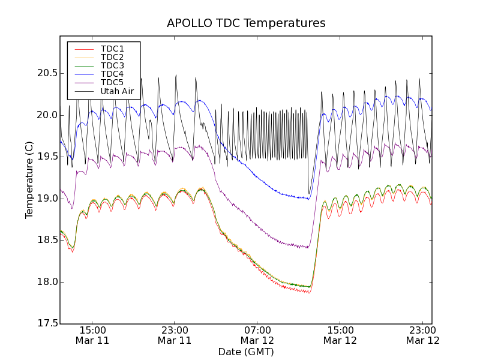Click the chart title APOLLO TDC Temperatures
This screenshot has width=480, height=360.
tap(246, 23)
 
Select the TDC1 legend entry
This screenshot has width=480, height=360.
tap(112, 49)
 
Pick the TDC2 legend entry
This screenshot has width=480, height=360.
tap(112, 57)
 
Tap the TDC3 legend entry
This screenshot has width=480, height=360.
tap(112, 65)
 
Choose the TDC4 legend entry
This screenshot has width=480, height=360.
tap(112, 74)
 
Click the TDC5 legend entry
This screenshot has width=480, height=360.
tap(112, 83)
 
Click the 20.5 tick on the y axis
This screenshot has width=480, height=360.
tap(46, 73)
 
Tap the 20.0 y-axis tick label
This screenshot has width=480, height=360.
tap(46, 115)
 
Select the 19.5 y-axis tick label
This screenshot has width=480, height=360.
tap(46, 157)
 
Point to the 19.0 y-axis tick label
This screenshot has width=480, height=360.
tap(46, 199)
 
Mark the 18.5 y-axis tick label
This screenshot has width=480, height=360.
tap(46, 240)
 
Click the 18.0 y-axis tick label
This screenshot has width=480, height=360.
tap(46, 282)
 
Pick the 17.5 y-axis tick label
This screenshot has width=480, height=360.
tap(46, 324)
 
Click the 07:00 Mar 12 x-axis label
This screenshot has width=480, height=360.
tap(257, 335)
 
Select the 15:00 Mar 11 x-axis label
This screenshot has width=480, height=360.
tap(92, 335)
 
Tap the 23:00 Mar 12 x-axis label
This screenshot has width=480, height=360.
tap(422, 335)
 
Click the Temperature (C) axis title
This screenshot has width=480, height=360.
tap(29, 180)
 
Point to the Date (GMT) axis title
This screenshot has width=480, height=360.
tap(246, 352)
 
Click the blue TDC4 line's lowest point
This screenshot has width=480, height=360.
tap(308, 199)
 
